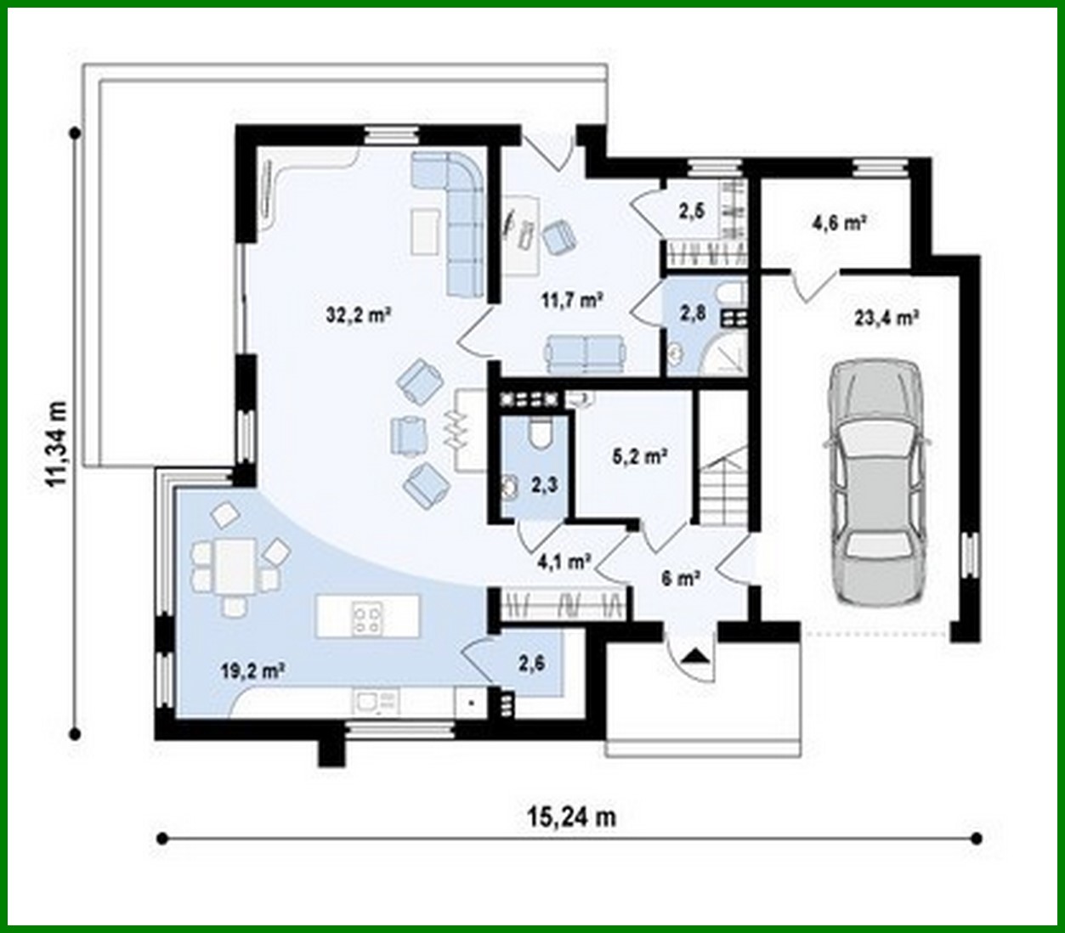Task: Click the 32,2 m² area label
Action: coord(358,314)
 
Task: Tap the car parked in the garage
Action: coord(875,482)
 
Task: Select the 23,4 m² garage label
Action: coord(886,318)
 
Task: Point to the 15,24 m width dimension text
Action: coord(571,817)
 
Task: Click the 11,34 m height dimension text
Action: coord(59,443)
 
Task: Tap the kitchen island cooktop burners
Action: coord(367,617)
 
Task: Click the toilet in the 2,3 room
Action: coord(538,433)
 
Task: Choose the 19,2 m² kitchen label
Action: coord(252,670)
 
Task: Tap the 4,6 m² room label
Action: coord(838,223)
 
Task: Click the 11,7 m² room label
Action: coord(572,299)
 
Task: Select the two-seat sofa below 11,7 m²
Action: coord(585,353)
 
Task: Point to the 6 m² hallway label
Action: coord(680,579)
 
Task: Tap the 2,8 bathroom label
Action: coord(692,313)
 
